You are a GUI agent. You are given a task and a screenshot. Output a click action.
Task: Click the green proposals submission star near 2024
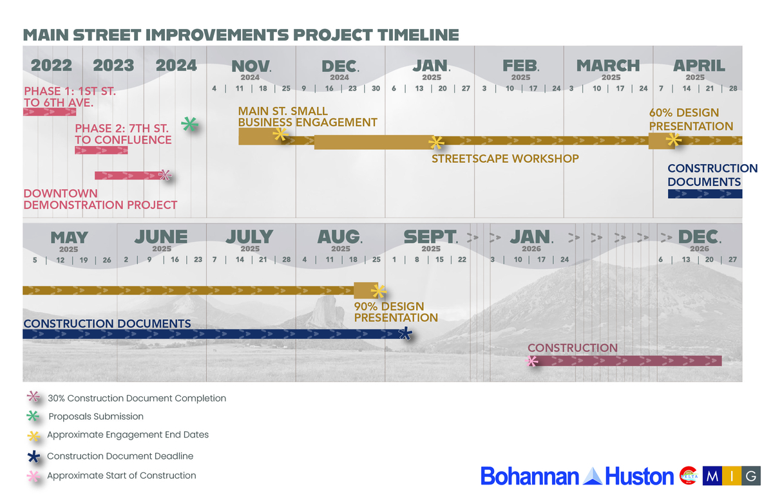(190, 124)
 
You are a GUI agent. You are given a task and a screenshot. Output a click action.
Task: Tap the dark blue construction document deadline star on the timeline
(405, 333)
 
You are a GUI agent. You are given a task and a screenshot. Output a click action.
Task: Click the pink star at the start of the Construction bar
(531, 361)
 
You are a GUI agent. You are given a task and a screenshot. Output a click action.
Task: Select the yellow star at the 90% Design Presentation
(379, 292)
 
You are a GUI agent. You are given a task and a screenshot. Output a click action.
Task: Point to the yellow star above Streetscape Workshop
(436, 142)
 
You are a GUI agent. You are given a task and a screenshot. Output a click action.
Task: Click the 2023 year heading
(113, 66)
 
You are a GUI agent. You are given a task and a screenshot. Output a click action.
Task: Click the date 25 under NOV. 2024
(286, 88)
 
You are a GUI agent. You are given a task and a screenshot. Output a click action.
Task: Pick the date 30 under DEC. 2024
(376, 88)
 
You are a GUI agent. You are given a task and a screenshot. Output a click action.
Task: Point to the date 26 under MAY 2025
(107, 260)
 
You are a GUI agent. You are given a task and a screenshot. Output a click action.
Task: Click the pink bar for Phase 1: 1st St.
(50, 112)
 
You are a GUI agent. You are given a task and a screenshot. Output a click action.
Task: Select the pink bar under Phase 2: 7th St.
(102, 150)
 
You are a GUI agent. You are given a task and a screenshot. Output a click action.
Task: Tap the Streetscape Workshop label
(505, 158)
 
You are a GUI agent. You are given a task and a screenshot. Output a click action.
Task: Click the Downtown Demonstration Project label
(100, 199)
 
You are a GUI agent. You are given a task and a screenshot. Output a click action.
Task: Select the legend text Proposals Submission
(96, 416)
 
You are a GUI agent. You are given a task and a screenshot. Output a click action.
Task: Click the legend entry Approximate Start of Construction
(122, 476)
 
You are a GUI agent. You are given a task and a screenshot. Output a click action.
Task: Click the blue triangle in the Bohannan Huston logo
(592, 476)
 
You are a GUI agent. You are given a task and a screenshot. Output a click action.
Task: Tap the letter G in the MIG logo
(751, 476)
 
